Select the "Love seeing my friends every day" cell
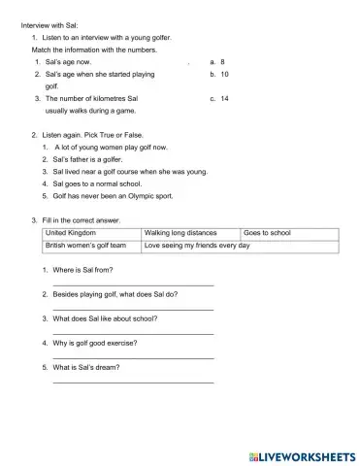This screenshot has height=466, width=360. click(197, 247)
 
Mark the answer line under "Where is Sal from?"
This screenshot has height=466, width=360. click(133, 284)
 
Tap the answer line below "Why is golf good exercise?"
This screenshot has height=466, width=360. click(133, 358)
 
